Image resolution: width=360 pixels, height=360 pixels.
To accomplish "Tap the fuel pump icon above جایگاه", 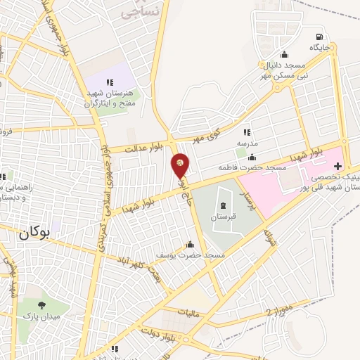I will click(321, 37).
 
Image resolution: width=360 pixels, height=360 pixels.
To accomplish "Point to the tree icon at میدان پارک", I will click(42, 305).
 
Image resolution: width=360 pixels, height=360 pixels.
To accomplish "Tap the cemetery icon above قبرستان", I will click(223, 205).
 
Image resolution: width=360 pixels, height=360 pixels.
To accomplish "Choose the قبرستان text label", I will click(223, 217).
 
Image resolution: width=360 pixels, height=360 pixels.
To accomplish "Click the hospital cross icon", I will click(337, 167).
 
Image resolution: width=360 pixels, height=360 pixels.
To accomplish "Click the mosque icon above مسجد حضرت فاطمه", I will click(252, 157).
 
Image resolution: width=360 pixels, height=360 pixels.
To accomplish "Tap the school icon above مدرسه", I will click(246, 132).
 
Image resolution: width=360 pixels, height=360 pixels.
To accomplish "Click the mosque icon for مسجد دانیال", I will click(284, 55).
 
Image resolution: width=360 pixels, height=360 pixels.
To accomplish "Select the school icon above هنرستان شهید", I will click(109, 83).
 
